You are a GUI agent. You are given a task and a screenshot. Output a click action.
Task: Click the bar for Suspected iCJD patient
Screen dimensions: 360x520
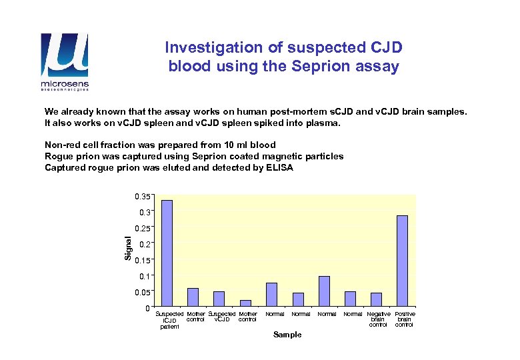167,253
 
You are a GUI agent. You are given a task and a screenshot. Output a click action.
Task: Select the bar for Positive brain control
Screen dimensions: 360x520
402,260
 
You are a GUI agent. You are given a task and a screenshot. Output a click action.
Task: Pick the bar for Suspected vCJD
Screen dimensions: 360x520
219,298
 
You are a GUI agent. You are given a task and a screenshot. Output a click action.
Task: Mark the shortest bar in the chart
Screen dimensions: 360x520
245,303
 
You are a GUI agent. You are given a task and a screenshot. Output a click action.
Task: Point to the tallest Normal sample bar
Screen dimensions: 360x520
324,291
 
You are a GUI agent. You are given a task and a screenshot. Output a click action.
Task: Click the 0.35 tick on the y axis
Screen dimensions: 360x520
142,197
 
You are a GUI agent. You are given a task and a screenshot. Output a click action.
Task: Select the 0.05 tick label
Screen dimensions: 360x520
142,293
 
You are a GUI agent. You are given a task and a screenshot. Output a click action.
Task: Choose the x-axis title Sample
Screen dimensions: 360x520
287,335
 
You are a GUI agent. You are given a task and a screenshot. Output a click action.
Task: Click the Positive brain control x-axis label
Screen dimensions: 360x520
405,319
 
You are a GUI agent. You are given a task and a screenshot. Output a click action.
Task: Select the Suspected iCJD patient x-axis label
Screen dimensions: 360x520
169,320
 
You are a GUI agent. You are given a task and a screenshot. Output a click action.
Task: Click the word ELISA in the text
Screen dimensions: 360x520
277,168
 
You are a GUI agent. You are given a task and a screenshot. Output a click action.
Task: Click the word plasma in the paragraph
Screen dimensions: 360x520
324,123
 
